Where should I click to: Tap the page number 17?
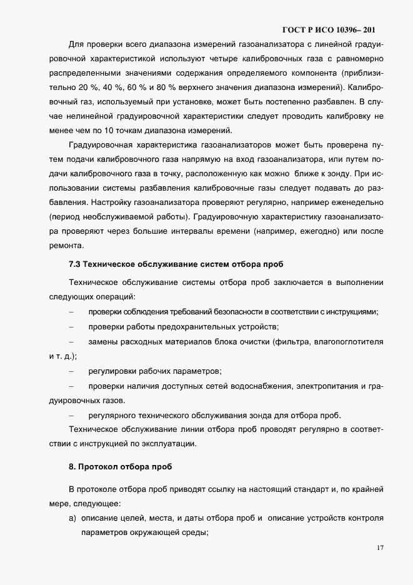tap(381, 548)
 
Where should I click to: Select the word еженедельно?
tap(351, 203)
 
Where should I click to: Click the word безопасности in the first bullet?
tap(235, 312)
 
